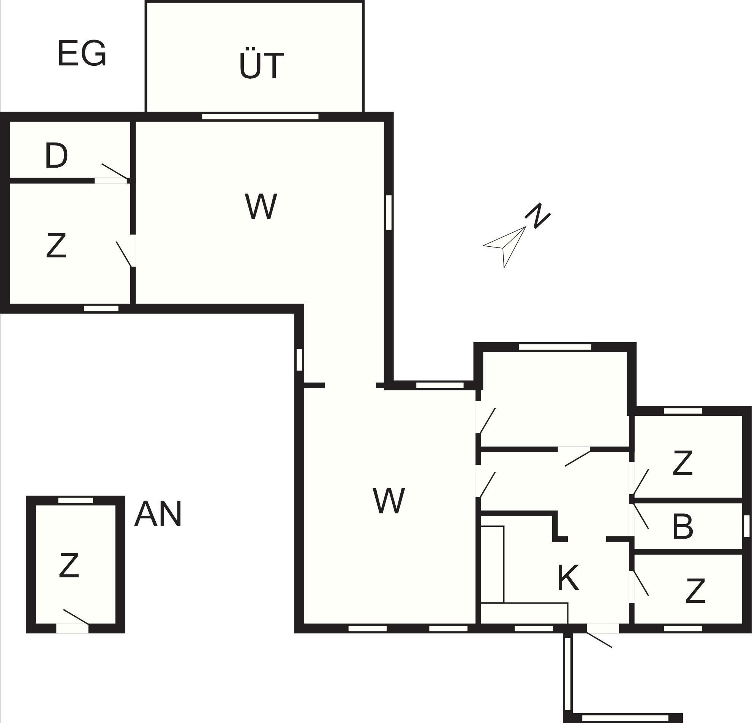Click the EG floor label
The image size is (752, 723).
click(x=82, y=53)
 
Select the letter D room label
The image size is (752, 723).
click(x=56, y=155)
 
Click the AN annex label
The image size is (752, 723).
click(x=158, y=514)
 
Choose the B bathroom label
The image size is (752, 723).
click(x=683, y=527)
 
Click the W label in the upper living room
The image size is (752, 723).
click(x=261, y=206)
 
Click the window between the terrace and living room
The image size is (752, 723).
click(x=260, y=117)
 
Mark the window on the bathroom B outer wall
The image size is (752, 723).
click(x=746, y=526)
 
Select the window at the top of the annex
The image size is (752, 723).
click(x=75, y=500)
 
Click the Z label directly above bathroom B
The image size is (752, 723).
click(x=682, y=463)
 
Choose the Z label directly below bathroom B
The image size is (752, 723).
click(x=695, y=591)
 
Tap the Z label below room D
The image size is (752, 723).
click(x=56, y=245)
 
